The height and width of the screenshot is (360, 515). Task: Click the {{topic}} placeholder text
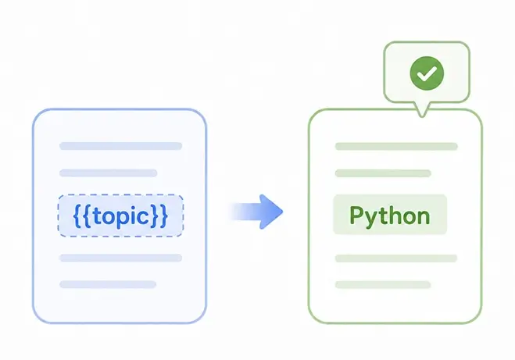coord(120,216)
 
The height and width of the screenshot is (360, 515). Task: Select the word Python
coord(390,216)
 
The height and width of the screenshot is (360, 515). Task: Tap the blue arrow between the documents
coord(256,212)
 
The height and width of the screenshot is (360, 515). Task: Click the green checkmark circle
coord(427,73)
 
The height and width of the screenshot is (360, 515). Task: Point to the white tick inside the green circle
coord(427,73)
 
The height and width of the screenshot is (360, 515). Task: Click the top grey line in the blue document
coord(120,146)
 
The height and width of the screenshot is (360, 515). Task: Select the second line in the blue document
coord(108,173)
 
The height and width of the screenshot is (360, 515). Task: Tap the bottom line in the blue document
coord(108,284)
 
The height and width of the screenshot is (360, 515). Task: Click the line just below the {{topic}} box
coord(120,258)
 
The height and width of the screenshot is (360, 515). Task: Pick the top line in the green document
coord(396,146)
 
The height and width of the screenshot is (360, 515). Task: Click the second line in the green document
coord(383,173)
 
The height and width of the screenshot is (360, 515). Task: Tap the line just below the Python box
coord(396,258)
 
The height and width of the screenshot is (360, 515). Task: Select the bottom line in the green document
coord(383,284)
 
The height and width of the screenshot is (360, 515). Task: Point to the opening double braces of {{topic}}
coord(82,216)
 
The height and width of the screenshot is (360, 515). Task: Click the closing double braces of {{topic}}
coord(159,216)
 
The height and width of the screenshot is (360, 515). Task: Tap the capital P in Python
coord(357,215)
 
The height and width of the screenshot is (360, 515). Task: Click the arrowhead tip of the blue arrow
coord(282,212)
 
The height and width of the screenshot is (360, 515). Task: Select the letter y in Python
coord(373,219)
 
